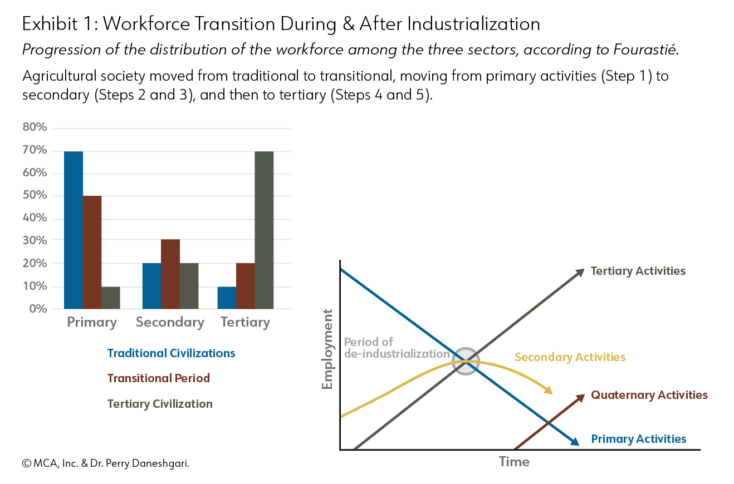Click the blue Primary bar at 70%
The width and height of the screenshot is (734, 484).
pyautogui.click(x=74, y=230)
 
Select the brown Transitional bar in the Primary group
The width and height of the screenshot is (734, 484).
pyautogui.click(x=92, y=253)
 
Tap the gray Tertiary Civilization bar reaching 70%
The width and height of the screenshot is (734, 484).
pyautogui.click(x=264, y=230)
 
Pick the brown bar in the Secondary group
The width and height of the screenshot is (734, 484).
pyautogui.click(x=170, y=274)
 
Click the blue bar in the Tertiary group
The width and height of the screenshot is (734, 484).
pyautogui.click(x=227, y=298)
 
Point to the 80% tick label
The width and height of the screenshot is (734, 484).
pyautogui.click(x=35, y=127)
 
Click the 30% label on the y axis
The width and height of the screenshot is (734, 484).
pyautogui.click(x=35, y=240)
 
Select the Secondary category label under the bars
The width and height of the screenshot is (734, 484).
pyautogui.click(x=170, y=323)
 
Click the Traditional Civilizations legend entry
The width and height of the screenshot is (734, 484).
pyautogui.click(x=172, y=353)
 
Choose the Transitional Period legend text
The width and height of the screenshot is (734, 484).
pyautogui.click(x=159, y=378)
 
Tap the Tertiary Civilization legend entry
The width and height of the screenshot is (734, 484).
pyautogui.click(x=160, y=404)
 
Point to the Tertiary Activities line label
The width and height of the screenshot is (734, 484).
pyautogui.click(x=638, y=271)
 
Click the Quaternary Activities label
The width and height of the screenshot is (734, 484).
pyautogui.click(x=649, y=395)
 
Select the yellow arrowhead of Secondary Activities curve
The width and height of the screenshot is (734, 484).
pyautogui.click(x=548, y=390)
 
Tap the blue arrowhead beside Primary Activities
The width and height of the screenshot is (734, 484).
pyautogui.click(x=575, y=442)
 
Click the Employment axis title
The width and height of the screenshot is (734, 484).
pyautogui.click(x=327, y=349)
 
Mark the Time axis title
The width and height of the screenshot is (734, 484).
pyautogui.click(x=514, y=462)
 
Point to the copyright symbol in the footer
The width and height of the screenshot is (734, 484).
pyautogui.click(x=27, y=463)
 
